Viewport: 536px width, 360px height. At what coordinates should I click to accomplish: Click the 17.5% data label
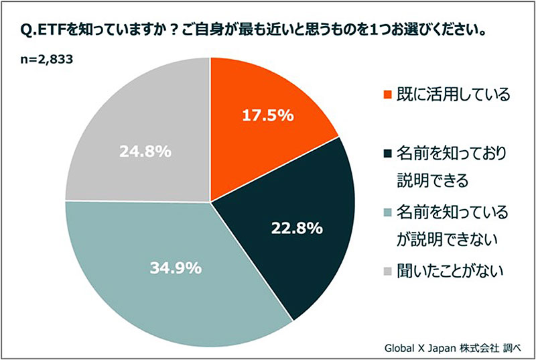click(268, 115)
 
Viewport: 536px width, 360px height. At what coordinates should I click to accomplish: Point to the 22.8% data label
click(297, 228)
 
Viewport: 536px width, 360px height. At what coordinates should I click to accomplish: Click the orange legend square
click(386, 94)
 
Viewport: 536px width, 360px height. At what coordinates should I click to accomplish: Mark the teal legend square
click(386, 213)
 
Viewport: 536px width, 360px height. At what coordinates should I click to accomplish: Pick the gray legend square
click(386, 272)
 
